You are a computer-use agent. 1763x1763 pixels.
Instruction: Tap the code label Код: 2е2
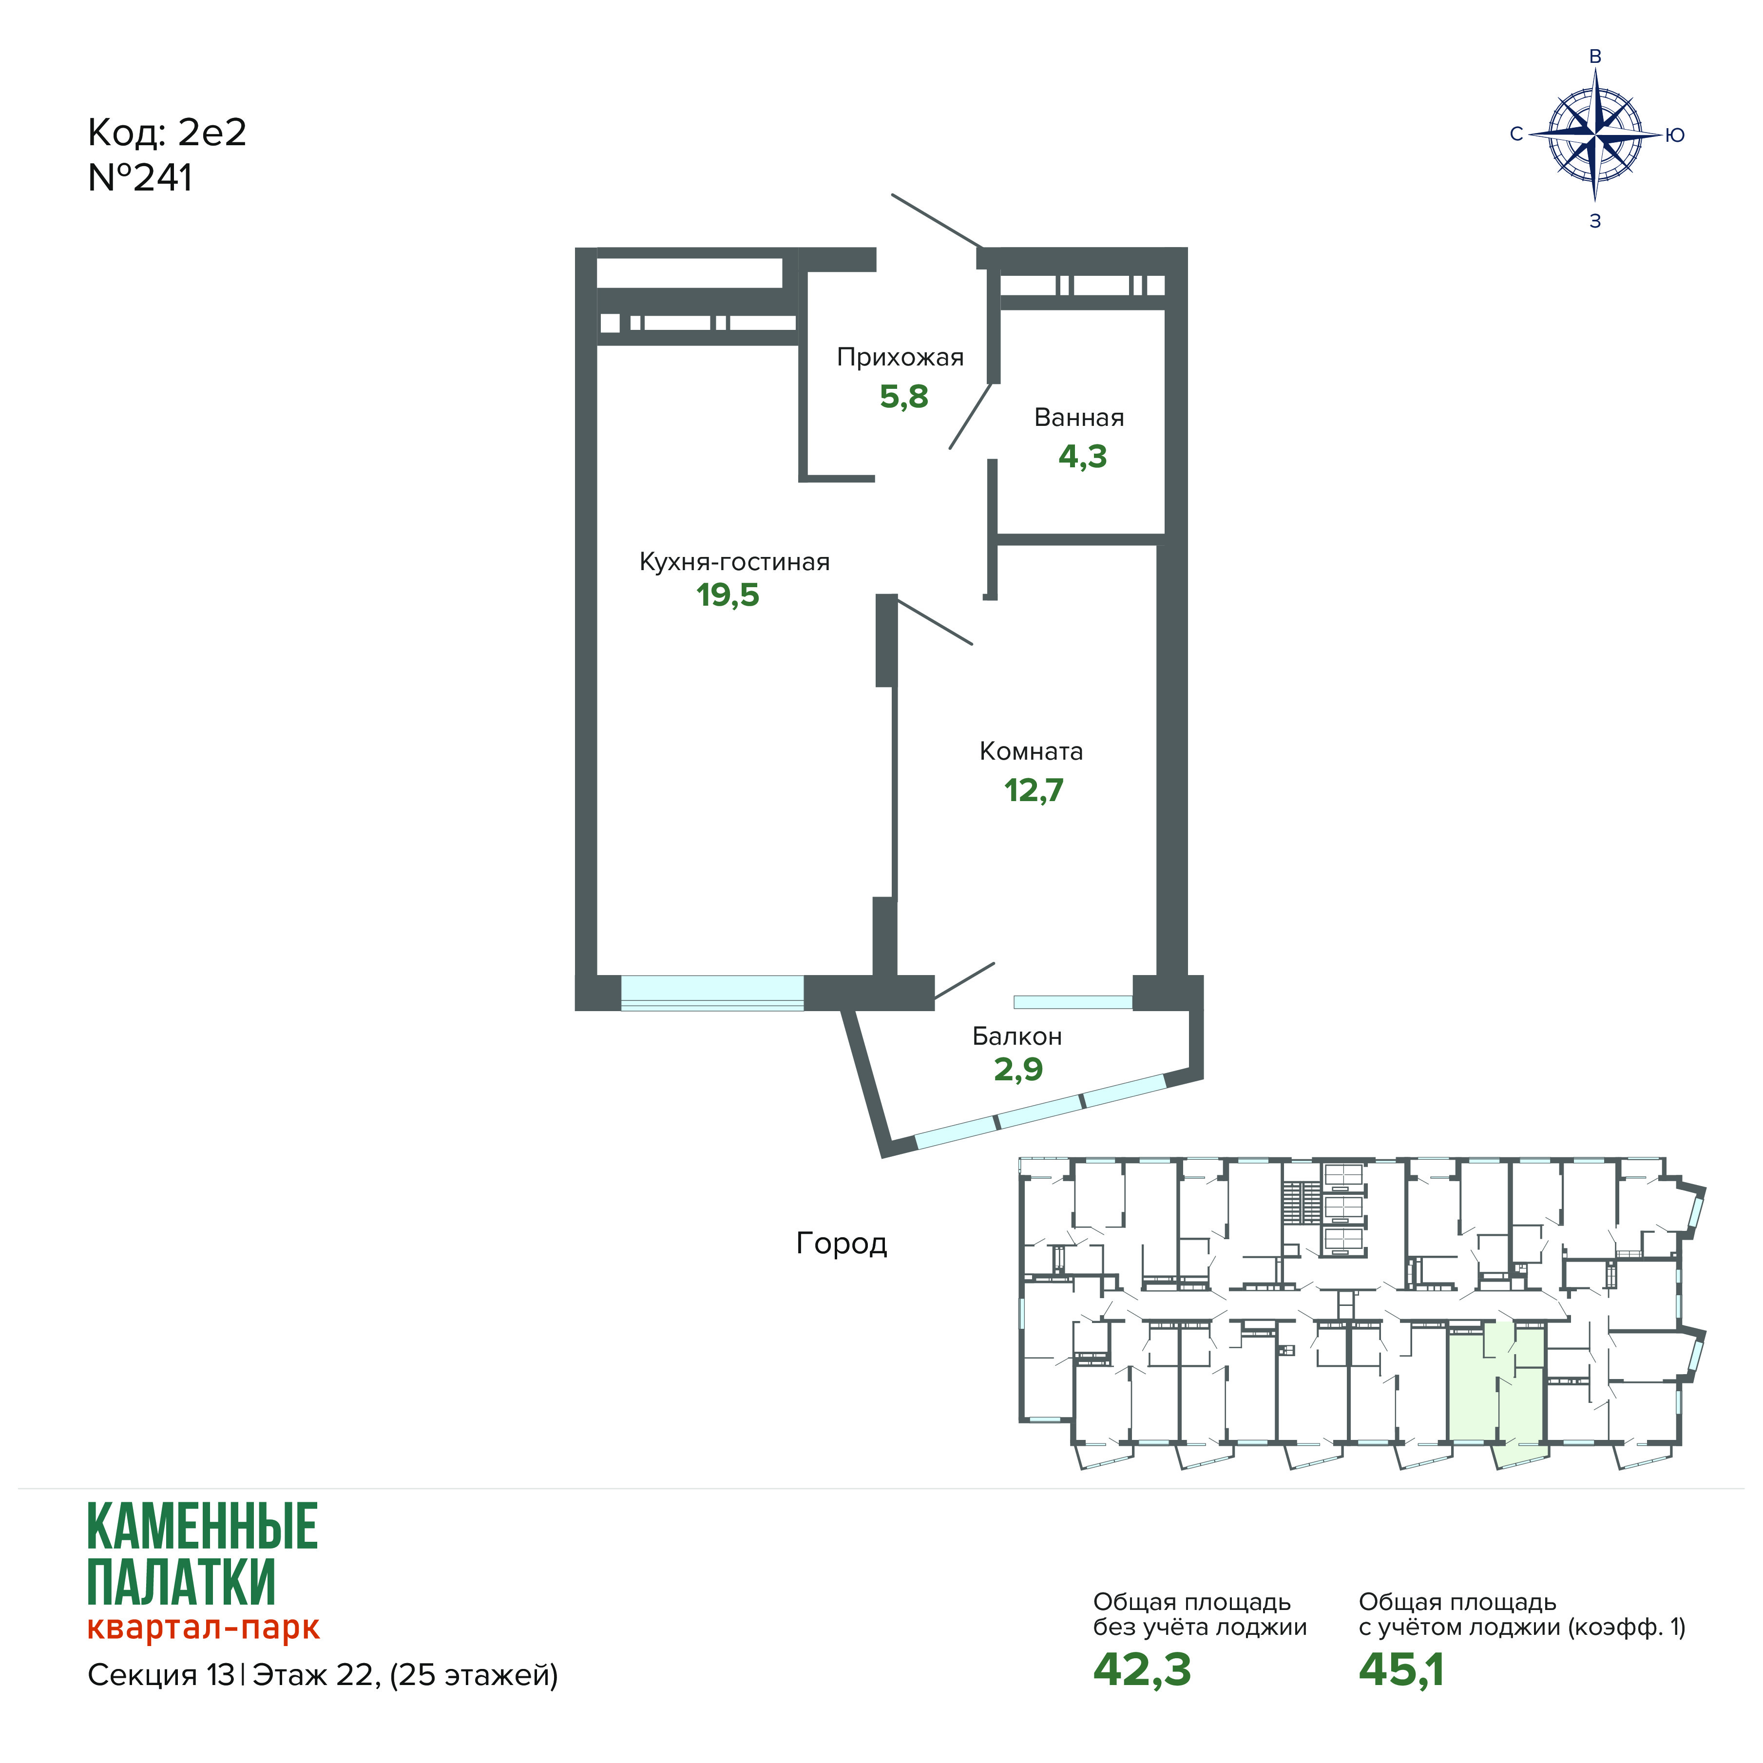click(167, 133)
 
